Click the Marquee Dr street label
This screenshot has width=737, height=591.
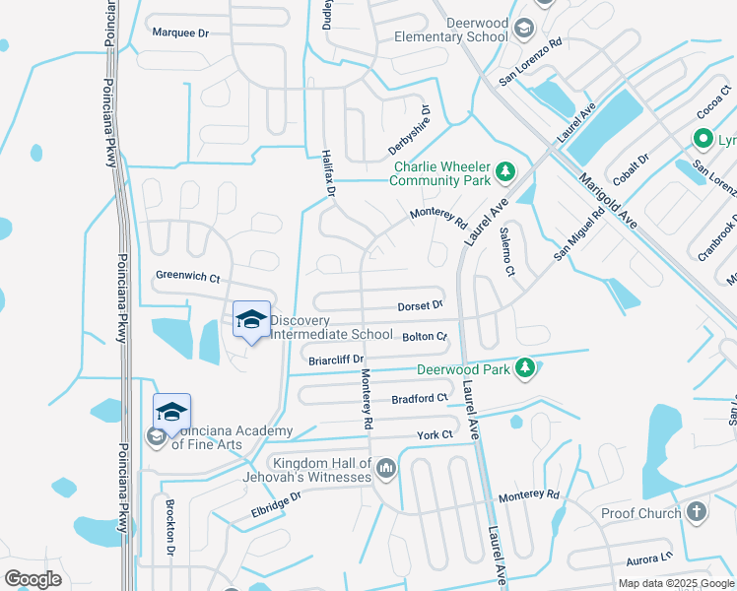181,33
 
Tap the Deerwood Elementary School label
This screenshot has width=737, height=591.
450,30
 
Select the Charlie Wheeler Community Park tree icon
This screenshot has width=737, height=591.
505,173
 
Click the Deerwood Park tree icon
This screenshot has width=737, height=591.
525,367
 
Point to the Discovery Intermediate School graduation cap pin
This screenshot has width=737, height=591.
251,320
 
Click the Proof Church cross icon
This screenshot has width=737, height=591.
697,511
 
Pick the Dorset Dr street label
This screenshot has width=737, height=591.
421,307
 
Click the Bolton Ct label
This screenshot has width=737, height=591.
426,337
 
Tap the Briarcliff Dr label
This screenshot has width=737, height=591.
337,361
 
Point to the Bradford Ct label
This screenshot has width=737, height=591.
419,399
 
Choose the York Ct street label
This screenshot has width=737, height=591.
435,434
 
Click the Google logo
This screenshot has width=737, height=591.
33,579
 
